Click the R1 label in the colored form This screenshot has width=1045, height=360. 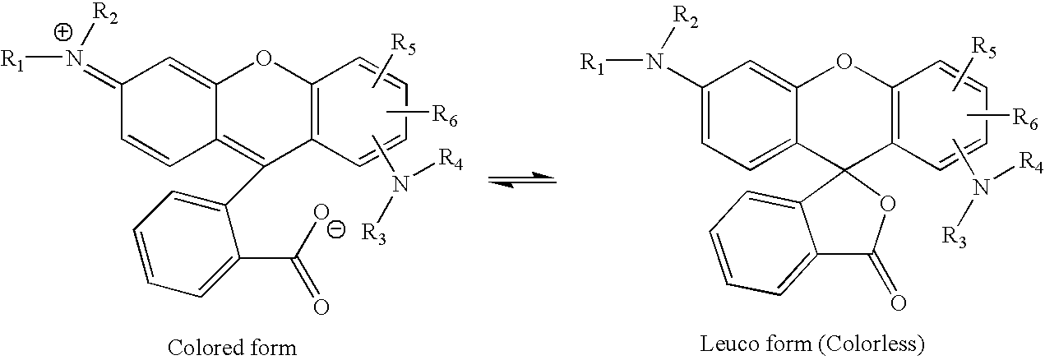(x=12, y=60)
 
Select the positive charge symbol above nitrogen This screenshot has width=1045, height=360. (x=64, y=33)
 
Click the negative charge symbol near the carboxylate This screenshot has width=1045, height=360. (x=336, y=230)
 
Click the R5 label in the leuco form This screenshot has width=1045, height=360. (x=984, y=48)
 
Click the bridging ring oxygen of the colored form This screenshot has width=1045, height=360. (x=264, y=60)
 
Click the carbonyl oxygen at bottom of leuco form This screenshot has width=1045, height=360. (x=898, y=303)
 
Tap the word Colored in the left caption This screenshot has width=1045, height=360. (x=203, y=348)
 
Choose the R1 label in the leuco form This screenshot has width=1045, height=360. (x=592, y=62)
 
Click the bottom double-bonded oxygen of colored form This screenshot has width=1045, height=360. (x=321, y=307)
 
